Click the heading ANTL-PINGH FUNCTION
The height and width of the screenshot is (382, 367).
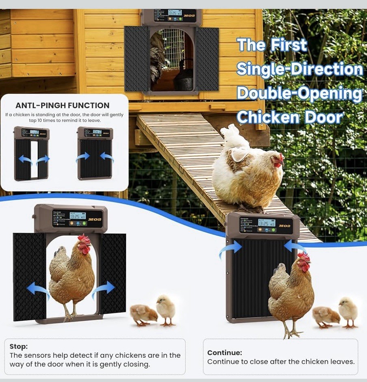tap(62, 106)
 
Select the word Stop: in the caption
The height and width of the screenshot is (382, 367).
tap(19, 346)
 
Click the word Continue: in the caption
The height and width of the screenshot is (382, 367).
tap(224, 352)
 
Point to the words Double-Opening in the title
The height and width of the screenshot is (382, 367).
tap(299, 93)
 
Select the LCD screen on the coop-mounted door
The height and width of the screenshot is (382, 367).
tap(174, 13)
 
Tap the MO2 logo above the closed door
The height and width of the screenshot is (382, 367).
tap(284, 225)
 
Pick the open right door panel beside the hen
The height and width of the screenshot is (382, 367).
tap(113, 274)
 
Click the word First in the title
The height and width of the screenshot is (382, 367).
tap(289, 45)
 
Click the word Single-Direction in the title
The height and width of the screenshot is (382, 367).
tap(300, 69)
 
